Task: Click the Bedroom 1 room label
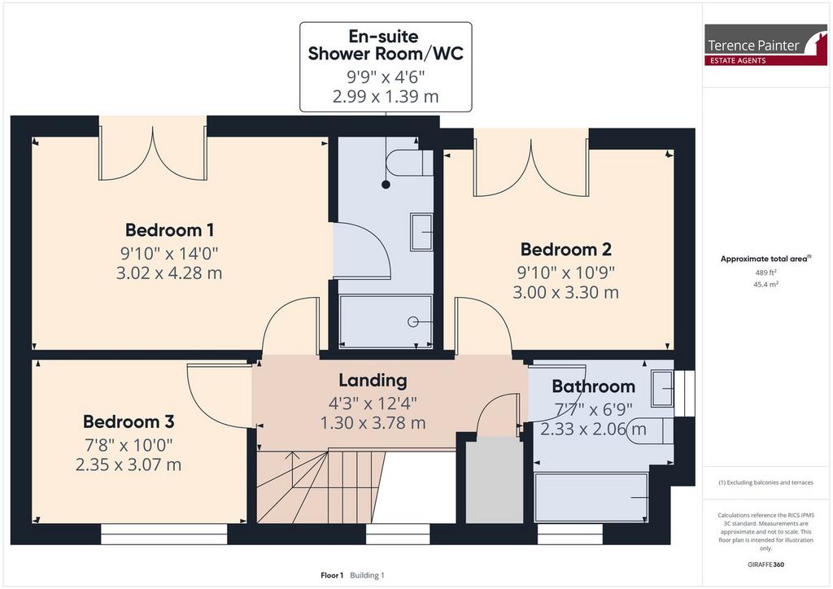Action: (x=169, y=230)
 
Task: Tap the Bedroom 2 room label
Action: (x=566, y=249)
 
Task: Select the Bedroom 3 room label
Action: (x=129, y=421)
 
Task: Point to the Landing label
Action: (x=373, y=380)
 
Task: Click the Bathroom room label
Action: (x=593, y=386)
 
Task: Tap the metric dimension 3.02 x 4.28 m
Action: (x=169, y=273)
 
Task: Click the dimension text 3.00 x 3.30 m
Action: (x=566, y=292)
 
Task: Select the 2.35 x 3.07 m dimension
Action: (x=129, y=465)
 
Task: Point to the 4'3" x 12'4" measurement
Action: (x=373, y=404)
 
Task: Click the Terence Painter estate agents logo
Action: (x=766, y=45)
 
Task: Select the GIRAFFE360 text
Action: (x=765, y=565)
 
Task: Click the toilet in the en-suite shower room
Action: (x=410, y=163)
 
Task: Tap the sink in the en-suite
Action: (x=421, y=232)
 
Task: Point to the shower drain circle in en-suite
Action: (x=412, y=322)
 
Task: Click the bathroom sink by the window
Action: (x=662, y=389)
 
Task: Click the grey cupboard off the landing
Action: (x=495, y=480)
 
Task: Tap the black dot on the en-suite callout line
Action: (x=386, y=185)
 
